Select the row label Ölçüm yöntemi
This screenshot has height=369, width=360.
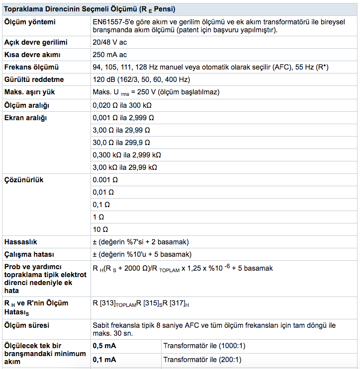click(30, 22)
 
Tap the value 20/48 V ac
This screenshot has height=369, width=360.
click(109, 42)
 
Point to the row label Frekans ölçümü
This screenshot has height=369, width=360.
click(31, 67)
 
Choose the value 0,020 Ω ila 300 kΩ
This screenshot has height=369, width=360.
click(122, 105)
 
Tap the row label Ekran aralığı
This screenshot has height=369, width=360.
click(25, 118)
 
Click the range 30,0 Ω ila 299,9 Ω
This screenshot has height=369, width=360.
click(121, 143)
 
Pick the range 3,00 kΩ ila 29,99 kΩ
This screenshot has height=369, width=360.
click(125, 167)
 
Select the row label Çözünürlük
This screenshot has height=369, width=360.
click(24, 180)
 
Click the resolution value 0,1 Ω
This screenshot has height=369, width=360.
click(101, 205)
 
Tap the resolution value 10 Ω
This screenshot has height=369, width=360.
click(101, 229)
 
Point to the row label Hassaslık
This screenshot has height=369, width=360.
click(22, 242)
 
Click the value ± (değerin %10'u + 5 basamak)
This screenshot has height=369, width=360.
click(142, 255)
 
